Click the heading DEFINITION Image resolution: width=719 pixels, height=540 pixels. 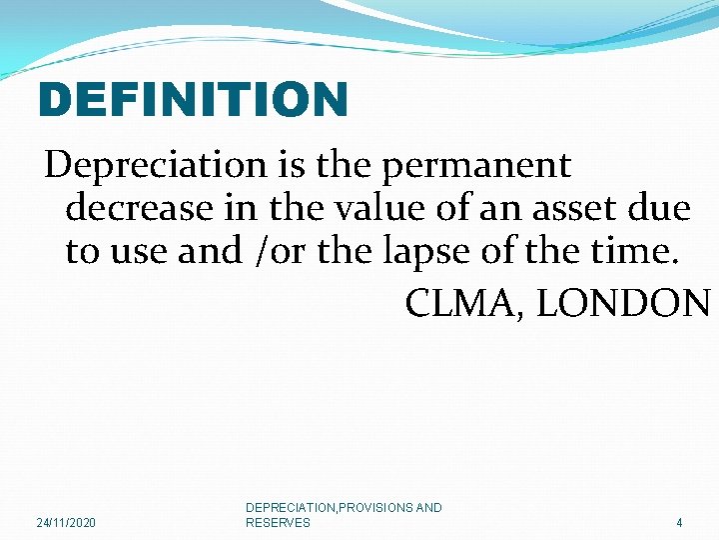point(193,100)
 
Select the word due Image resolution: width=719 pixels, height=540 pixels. point(662,209)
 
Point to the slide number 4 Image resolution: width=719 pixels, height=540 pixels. point(679,523)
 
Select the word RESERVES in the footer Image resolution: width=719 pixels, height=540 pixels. point(278,522)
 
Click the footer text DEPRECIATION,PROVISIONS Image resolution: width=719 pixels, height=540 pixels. point(330,508)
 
